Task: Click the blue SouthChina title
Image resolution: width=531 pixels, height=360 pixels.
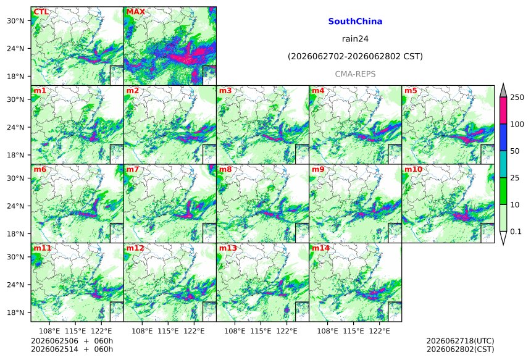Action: [355, 22]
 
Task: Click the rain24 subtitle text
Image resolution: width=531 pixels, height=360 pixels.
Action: [355, 39]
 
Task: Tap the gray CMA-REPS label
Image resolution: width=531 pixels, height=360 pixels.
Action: [355, 74]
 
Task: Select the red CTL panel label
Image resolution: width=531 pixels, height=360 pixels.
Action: [41, 12]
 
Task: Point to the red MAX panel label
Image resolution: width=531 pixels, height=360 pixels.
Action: [135, 12]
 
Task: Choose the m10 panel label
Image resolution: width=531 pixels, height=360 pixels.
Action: [413, 169]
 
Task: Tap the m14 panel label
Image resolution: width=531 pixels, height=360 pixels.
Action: [320, 248]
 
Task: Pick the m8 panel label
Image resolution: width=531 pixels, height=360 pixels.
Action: [225, 169]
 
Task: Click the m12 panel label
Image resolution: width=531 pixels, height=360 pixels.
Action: [135, 248]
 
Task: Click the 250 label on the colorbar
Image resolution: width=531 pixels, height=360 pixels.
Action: [517, 98]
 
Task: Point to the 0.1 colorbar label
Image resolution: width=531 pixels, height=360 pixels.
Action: [516, 232]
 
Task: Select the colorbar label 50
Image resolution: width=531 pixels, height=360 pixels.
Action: [515, 151]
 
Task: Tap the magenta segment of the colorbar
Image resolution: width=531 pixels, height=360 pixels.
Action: [503, 111]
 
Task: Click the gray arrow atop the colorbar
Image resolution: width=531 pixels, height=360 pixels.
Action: [503, 91]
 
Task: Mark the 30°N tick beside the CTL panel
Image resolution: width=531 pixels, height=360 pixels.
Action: [15, 20]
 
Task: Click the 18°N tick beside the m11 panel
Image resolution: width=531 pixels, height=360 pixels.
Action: [15, 312]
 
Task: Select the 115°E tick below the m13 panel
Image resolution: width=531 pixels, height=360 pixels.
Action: [261, 330]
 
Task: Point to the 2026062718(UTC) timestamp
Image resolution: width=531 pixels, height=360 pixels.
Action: [460, 341]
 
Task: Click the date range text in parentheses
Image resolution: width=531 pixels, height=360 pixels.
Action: [355, 56]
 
